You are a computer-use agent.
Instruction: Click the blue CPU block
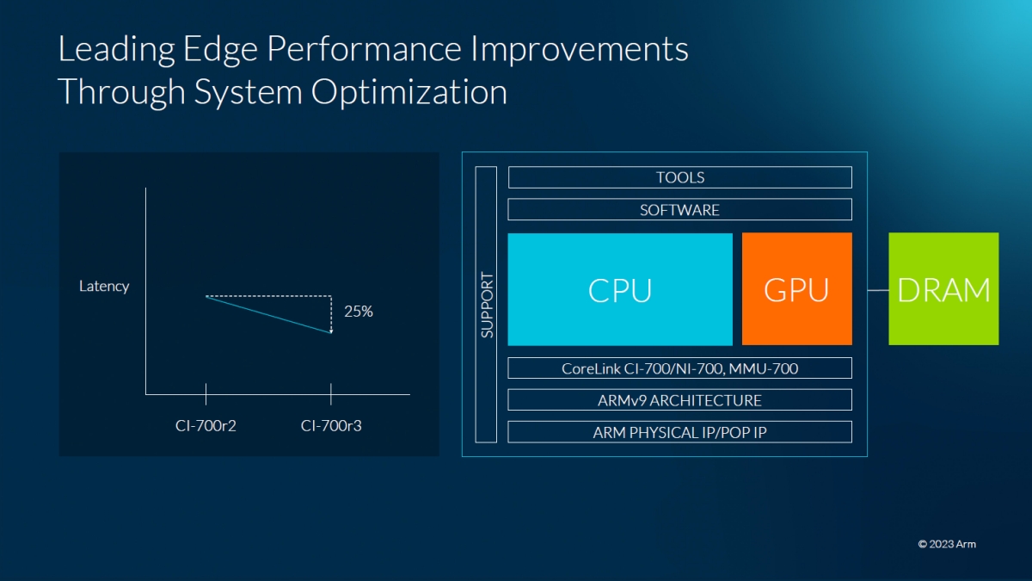[x=620, y=289]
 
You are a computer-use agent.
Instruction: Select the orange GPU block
[x=796, y=289]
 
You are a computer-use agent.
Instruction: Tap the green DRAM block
[x=943, y=289]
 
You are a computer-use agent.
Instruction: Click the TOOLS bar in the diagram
[x=679, y=177]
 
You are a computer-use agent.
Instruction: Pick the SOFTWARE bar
[x=679, y=210]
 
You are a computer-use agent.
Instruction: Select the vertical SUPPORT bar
[x=487, y=305]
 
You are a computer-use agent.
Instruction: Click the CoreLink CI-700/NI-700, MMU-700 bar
[x=679, y=368]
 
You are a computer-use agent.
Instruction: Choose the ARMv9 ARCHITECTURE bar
[x=679, y=400]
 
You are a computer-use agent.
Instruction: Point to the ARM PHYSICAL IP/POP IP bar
[x=679, y=432]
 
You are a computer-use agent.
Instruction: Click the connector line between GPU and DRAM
[x=870, y=290]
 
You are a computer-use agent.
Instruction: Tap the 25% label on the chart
[x=359, y=312]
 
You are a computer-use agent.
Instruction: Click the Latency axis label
[x=104, y=287]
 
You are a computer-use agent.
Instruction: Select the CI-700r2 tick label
[x=206, y=425]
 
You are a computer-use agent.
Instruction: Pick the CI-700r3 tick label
[x=331, y=425]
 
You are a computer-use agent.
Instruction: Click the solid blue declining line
[x=268, y=314]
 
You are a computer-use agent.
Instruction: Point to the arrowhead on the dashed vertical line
[x=331, y=330]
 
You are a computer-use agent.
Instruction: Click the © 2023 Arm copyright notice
[x=947, y=544]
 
